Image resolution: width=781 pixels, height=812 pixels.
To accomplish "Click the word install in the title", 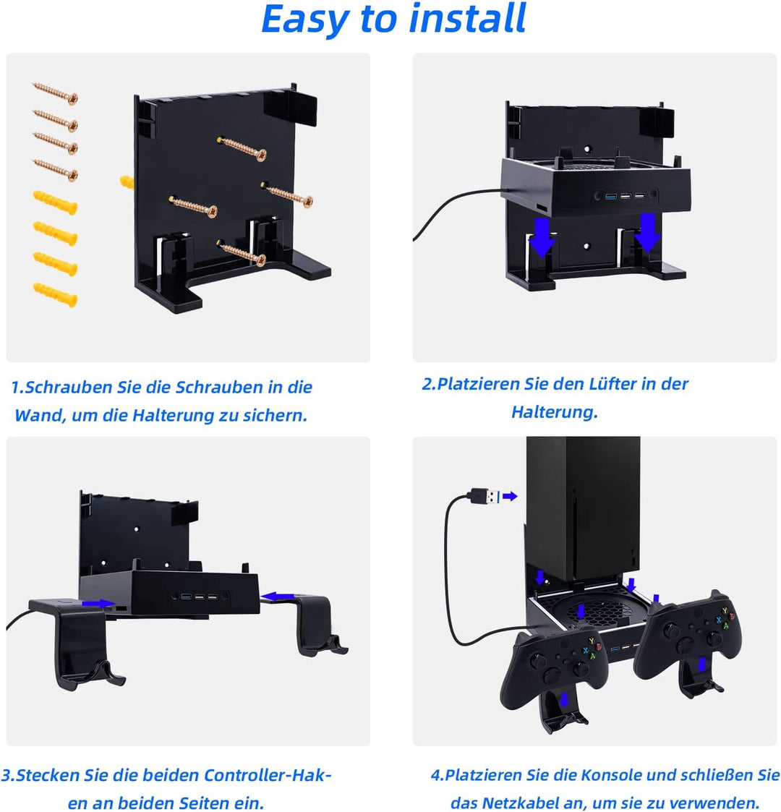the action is coord(468,19).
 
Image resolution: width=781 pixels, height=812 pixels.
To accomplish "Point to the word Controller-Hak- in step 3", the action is coord(267,775).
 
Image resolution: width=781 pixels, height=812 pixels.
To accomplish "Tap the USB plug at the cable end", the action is coord(485,496).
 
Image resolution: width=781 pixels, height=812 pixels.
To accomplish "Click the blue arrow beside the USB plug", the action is coord(510,496).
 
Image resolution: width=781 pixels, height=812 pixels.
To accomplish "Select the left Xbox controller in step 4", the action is coord(553,665).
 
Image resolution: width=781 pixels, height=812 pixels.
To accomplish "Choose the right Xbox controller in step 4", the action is coord(689,637).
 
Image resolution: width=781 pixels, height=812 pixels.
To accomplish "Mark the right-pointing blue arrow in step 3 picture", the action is coord(98,604).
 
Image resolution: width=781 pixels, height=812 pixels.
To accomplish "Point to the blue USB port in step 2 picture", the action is coord(611,196).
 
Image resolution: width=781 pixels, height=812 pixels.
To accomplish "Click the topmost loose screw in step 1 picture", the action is coord(56,93).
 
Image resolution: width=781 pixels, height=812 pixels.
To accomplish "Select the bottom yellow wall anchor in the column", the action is coord(56,294).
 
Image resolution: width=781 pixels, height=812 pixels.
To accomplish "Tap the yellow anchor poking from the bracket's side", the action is coord(127,182).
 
